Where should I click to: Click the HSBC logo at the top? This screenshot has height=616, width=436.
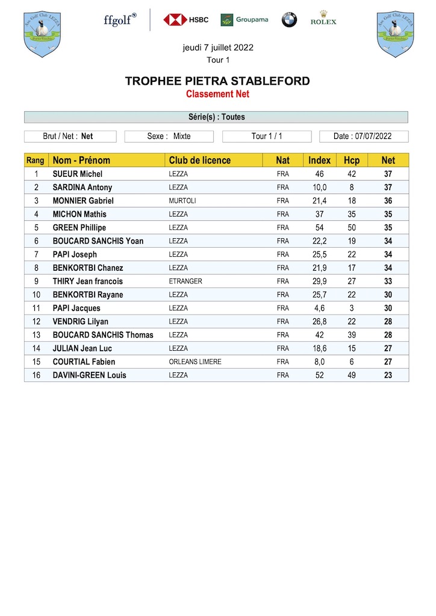coord(185,20)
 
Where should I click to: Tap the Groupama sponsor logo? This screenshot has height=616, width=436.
coord(244,20)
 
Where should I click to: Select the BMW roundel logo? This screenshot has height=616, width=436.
coord(289,20)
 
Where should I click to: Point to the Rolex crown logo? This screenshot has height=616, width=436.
coord(323,18)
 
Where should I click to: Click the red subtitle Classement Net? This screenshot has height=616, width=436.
coord(217,94)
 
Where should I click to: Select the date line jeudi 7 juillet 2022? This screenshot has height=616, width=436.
coord(218,48)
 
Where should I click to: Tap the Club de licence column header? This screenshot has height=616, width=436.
coord(200,160)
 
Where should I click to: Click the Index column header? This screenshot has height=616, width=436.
coord(319,160)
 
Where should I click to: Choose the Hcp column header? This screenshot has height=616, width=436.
coord(352,160)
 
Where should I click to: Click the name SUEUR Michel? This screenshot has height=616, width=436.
coord(78,174)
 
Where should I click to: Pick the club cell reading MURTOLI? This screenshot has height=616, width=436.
coord(182,201)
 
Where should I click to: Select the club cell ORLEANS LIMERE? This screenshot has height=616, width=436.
coord(195,362)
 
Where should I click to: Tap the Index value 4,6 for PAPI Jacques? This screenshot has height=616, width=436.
coord(319,308)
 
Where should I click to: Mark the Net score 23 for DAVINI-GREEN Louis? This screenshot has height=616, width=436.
coord(388,375)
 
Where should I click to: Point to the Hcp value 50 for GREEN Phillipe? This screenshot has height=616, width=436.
coord(352,227)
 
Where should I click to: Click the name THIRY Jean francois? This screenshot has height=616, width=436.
coord(88,281)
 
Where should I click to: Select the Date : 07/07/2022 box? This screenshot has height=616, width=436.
coord(363,136)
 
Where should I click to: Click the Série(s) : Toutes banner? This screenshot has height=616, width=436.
coord(216,117)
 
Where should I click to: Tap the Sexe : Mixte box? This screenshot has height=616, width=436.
coord(169,136)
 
